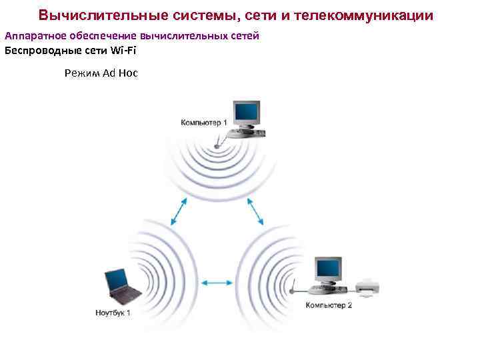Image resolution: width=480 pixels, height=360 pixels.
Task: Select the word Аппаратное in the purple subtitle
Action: point(33,35)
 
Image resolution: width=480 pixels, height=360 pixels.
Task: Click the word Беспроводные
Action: point(37,50)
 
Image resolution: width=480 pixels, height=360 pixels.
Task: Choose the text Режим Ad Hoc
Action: point(101,73)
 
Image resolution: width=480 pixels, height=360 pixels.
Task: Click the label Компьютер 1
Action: point(203,122)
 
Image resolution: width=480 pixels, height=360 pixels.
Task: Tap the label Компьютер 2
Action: point(329,305)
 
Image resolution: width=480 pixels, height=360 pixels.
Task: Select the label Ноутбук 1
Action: point(113,312)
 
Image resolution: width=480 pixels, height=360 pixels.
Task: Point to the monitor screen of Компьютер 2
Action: point(328,269)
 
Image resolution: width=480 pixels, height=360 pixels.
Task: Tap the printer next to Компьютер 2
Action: point(367,287)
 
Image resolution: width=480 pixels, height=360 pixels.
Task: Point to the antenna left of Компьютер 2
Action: point(293,288)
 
